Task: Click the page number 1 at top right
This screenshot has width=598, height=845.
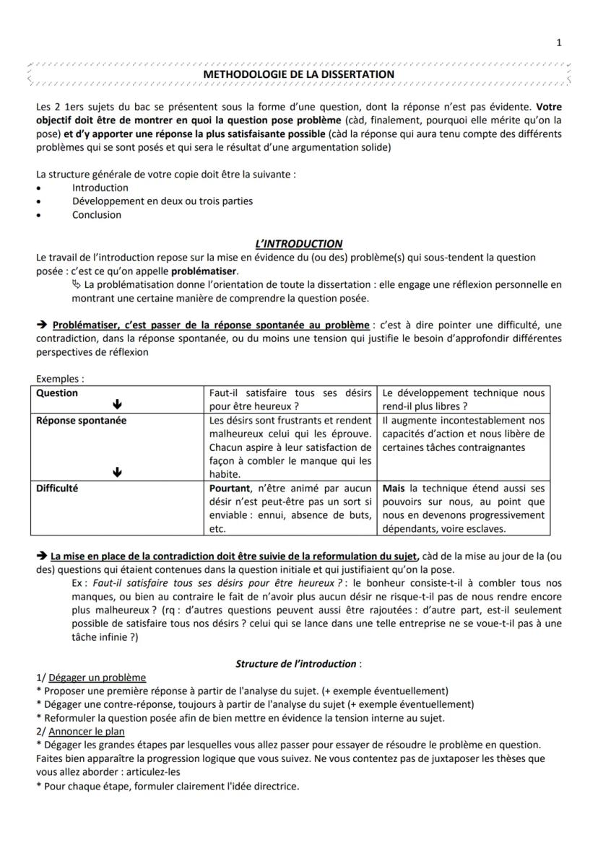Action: click(x=559, y=43)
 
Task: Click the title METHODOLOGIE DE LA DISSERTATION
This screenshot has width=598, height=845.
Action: click(x=299, y=74)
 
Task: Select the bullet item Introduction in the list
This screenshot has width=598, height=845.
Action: click(x=100, y=188)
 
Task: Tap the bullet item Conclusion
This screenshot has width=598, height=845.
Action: click(x=96, y=214)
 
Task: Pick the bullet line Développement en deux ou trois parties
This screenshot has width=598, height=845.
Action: click(x=162, y=201)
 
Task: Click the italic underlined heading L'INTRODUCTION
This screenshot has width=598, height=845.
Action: click(x=299, y=244)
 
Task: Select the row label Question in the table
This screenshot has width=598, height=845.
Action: click(x=57, y=393)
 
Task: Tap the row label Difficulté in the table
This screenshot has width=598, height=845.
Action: click(x=57, y=488)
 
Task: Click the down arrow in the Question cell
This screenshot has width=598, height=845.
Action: click(x=118, y=406)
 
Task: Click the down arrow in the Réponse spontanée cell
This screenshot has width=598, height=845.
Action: click(x=118, y=473)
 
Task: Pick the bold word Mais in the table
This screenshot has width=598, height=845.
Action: click(x=394, y=488)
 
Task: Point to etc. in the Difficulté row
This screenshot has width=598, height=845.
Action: click(x=217, y=528)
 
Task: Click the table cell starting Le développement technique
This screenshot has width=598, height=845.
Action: click(x=463, y=399)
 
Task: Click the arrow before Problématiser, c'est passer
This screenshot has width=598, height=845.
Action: click(x=42, y=325)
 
